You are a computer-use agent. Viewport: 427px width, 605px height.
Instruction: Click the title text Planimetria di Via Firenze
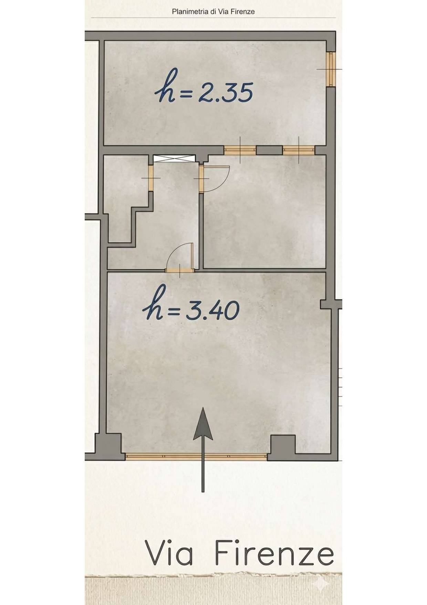coord(213,12)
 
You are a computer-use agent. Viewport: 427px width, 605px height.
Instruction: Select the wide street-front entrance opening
coord(196,457)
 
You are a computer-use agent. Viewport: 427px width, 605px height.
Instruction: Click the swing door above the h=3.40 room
coord(179,257)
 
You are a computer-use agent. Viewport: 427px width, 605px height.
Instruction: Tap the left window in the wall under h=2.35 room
coord(240,150)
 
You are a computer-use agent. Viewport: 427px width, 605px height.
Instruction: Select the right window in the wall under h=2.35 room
coord(299,150)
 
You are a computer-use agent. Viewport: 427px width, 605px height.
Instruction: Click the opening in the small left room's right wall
coord(150,178)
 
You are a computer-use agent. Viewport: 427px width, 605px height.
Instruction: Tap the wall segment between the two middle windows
coord(270,150)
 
